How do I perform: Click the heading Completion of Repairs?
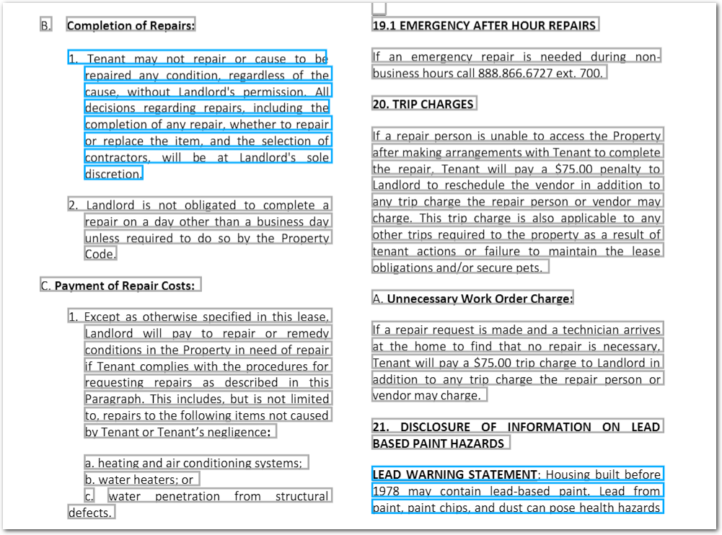point(131,26)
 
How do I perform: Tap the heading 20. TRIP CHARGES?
point(423,105)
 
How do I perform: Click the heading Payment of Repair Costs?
point(124,286)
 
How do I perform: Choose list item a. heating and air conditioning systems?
point(193,464)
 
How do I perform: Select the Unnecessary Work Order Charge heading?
point(480,299)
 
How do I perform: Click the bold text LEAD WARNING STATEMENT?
point(454,474)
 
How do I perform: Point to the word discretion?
point(113,174)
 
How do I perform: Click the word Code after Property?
point(99,255)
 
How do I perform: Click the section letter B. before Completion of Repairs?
point(46,26)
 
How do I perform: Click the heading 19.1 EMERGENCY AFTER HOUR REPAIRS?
point(484,26)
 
